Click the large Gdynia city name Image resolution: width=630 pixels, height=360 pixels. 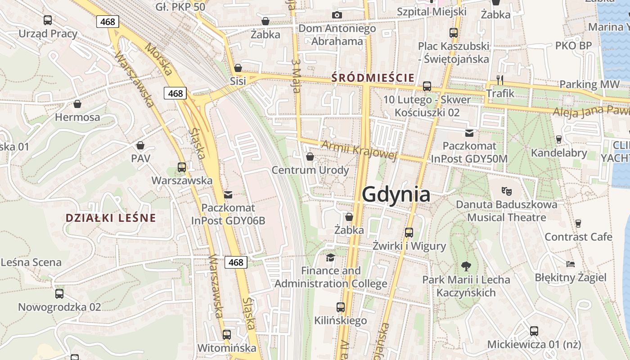pyautogui.click(x=396, y=195)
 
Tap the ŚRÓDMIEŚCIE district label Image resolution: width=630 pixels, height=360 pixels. pyautogui.click(x=373, y=78)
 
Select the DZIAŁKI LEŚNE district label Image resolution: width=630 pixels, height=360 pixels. pyautogui.click(x=111, y=218)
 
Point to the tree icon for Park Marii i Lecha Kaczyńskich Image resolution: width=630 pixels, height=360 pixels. pyautogui.click(x=466, y=266)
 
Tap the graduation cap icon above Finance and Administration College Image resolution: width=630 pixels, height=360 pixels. pyautogui.click(x=331, y=257)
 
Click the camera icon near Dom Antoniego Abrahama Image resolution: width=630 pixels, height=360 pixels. pyautogui.click(x=337, y=15)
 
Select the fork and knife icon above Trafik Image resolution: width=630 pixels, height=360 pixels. pyautogui.click(x=499, y=80)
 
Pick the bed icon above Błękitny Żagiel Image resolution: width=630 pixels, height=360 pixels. pyautogui.click(x=571, y=264)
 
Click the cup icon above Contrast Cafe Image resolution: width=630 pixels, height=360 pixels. pyautogui.click(x=578, y=223)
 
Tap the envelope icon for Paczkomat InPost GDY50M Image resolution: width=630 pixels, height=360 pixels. pyautogui.click(x=469, y=133)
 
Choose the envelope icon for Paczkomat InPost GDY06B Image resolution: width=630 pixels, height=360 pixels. pyautogui.click(x=228, y=195)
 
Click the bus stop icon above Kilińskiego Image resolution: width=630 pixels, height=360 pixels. pyautogui.click(x=341, y=307)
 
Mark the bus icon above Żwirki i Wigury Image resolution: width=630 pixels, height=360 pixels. pyautogui.click(x=409, y=232)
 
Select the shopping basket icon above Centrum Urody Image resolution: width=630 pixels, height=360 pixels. pyautogui.click(x=310, y=157)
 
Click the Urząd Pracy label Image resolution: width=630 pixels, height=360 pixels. pyautogui.click(x=48, y=34)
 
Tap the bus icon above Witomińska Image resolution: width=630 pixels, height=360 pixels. pyautogui.click(x=226, y=335)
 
